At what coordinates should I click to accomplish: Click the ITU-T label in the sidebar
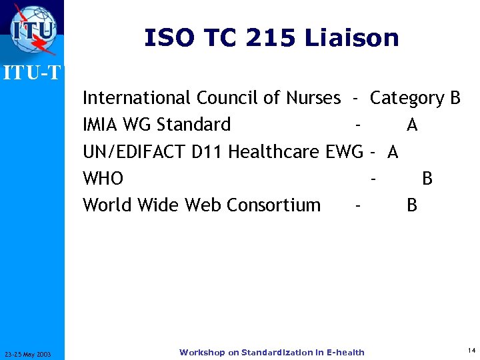(x=32, y=73)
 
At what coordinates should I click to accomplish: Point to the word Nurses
(x=313, y=98)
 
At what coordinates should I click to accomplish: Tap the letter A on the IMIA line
(x=412, y=125)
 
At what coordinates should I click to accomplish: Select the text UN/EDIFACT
(x=134, y=152)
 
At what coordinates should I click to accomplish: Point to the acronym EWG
(x=344, y=152)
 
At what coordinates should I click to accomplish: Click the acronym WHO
(x=103, y=179)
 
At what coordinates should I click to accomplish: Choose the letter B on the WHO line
(x=427, y=179)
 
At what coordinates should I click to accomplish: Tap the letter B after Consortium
(x=412, y=205)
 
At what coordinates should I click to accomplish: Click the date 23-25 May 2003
(x=31, y=353)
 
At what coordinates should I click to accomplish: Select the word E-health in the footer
(x=342, y=352)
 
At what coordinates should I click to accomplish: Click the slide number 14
(x=471, y=350)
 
